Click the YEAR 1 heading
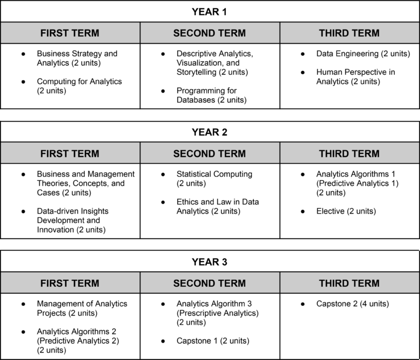[209, 11]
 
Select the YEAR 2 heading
[209, 132]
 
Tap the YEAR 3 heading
[209, 262]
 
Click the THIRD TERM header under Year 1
[349, 33]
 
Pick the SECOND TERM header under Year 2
[209, 154]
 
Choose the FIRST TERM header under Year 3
[70, 283]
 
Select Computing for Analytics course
[79, 86]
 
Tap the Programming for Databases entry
[211, 95]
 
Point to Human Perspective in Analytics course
[355, 76]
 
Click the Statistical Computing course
[214, 179]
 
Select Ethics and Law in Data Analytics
[218, 206]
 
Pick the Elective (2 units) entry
[346, 211]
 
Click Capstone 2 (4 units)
[352, 304]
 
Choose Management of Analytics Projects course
[81, 308]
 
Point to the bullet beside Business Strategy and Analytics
[23, 54]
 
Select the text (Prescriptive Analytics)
[217, 313]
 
